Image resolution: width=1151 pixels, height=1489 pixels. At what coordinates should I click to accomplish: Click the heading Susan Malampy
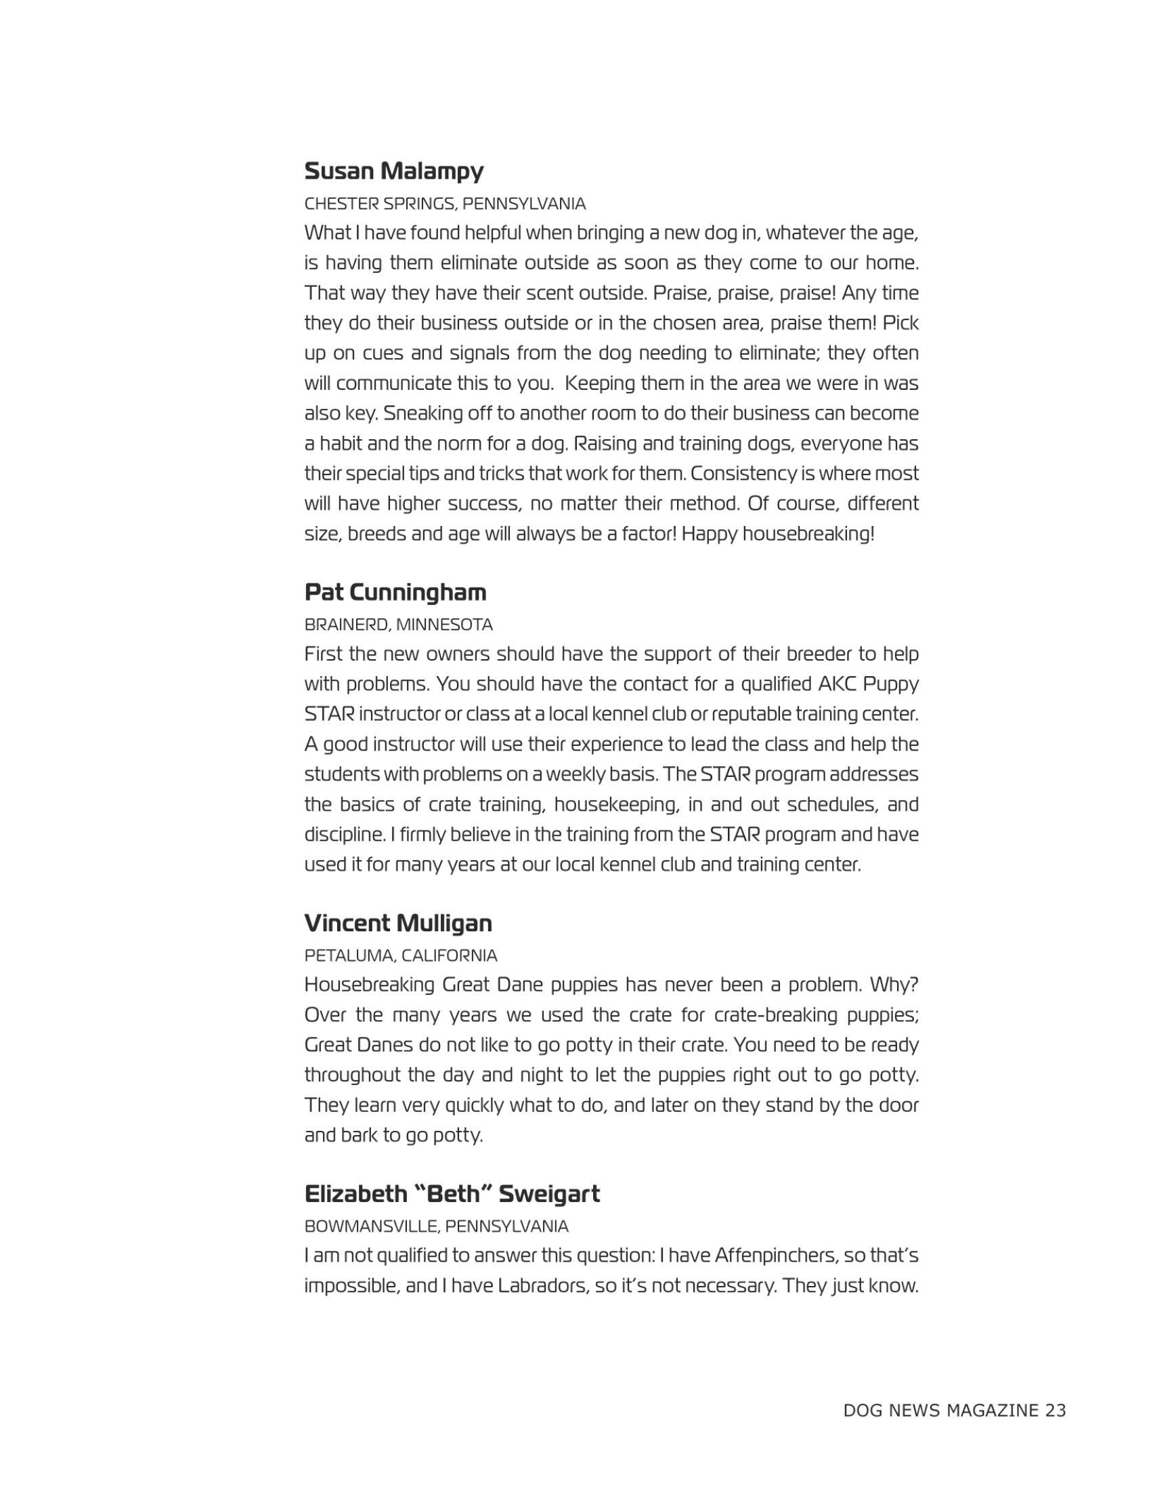[393, 171]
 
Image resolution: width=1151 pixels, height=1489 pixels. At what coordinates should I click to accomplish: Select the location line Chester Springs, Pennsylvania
[445, 204]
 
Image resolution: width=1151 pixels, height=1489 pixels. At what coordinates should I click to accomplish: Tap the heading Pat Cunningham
[395, 592]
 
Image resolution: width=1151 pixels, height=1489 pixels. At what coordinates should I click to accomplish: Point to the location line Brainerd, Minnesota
[398, 625]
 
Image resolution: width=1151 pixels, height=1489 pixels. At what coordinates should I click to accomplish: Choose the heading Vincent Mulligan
[398, 923]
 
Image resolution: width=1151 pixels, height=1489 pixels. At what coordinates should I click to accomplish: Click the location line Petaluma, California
[401, 955]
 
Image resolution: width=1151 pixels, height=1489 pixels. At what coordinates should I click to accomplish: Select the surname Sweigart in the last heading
[549, 1194]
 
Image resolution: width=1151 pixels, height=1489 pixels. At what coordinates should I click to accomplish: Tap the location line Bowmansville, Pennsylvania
[437, 1226]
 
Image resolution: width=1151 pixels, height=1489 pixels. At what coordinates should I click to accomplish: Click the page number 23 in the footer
[1055, 1410]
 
